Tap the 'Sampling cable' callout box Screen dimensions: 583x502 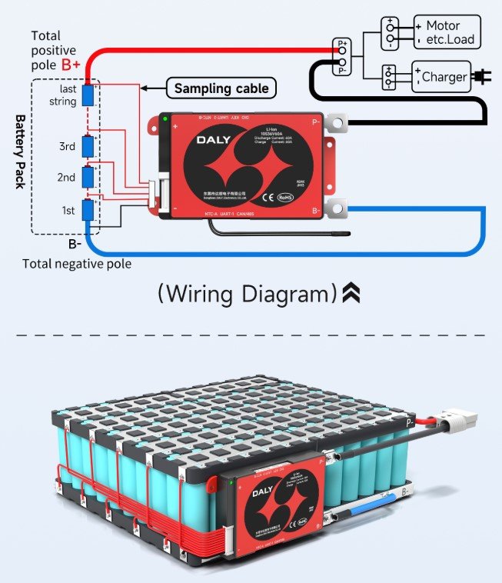[221, 88]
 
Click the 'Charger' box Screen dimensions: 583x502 [440, 77]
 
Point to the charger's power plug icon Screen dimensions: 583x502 [482, 77]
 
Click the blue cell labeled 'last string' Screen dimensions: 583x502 [88, 95]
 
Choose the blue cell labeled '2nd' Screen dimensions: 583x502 [88, 178]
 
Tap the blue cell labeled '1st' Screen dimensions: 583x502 [88, 210]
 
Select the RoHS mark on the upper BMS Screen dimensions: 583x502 [285, 197]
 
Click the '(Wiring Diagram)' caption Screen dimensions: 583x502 [248, 294]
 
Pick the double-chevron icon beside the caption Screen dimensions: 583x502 [351, 293]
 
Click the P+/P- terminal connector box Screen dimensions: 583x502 [341, 55]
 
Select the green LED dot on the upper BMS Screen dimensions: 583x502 [165, 118]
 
